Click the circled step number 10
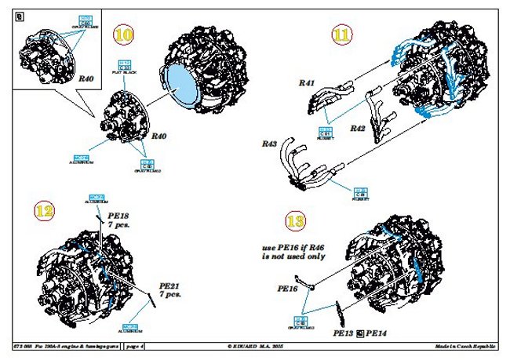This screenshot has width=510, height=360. pyautogui.click(x=124, y=35)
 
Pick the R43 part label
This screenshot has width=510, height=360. pyautogui.click(x=268, y=144)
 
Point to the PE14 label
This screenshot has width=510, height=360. pyautogui.click(x=377, y=333)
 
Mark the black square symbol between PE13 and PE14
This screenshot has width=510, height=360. pyautogui.click(x=360, y=333)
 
